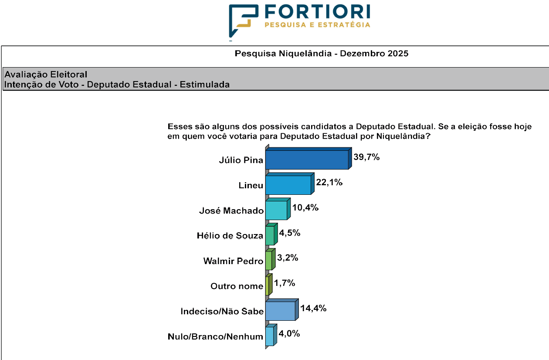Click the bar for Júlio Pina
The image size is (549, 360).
[x=307, y=160]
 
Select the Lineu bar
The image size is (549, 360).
[x=288, y=185]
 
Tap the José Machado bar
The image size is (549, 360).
[x=276, y=210]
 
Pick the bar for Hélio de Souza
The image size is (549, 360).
[x=270, y=235]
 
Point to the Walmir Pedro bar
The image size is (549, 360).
[x=268, y=261]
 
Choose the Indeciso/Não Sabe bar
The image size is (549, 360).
[x=280, y=311]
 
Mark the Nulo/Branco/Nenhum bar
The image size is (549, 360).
[x=269, y=336]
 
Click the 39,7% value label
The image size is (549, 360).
[x=366, y=157]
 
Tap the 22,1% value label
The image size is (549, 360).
[x=329, y=183]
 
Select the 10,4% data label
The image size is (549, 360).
[x=305, y=208]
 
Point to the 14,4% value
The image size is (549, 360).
[x=313, y=309]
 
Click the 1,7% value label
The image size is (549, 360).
[x=285, y=284]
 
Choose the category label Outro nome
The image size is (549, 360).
[x=237, y=286]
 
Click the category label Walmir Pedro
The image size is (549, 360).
[x=233, y=261]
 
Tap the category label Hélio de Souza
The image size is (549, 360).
[x=230, y=236]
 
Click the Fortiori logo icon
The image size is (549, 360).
[x=243, y=20]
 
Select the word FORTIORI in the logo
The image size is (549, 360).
[x=317, y=11]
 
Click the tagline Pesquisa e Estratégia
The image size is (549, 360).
[x=317, y=25]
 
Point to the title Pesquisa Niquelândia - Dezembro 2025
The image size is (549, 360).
[x=322, y=54]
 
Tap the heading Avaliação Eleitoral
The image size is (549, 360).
[x=46, y=75]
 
